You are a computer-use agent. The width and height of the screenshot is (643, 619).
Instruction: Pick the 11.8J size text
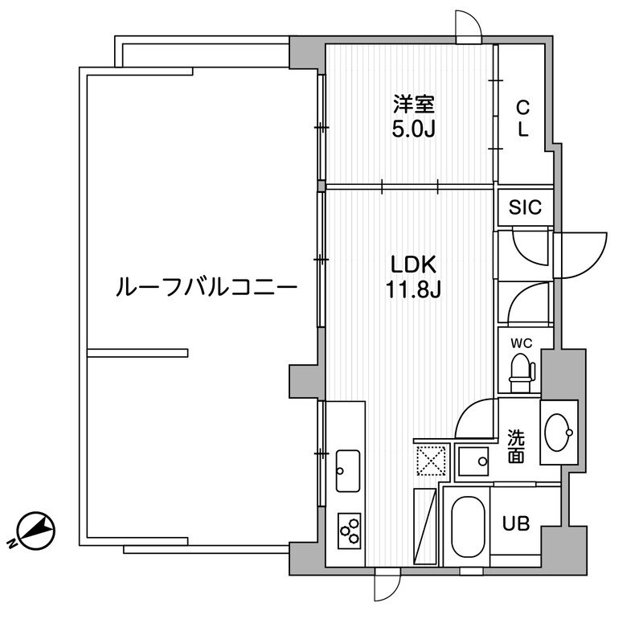click(413, 289)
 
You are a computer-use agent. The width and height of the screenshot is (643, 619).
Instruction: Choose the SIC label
click(526, 207)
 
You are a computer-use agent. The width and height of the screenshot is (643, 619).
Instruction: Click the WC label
click(522, 342)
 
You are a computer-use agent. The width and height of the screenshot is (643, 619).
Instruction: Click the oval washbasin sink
click(558, 432)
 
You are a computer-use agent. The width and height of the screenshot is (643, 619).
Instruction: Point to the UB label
click(515, 523)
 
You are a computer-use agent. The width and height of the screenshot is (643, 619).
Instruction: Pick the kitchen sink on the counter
click(348, 470)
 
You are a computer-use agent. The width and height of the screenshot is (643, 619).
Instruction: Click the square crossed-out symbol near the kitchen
click(429, 461)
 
